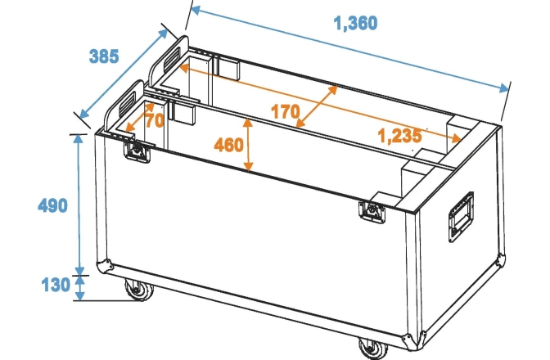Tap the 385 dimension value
tap(104, 56)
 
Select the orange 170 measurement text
tap(284, 111)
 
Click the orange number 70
tap(154, 119)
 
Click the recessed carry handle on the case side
tap(459, 216)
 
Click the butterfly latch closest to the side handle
tap(372, 210)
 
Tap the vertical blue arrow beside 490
tap(79, 205)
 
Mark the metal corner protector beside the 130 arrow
tap(105, 266)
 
